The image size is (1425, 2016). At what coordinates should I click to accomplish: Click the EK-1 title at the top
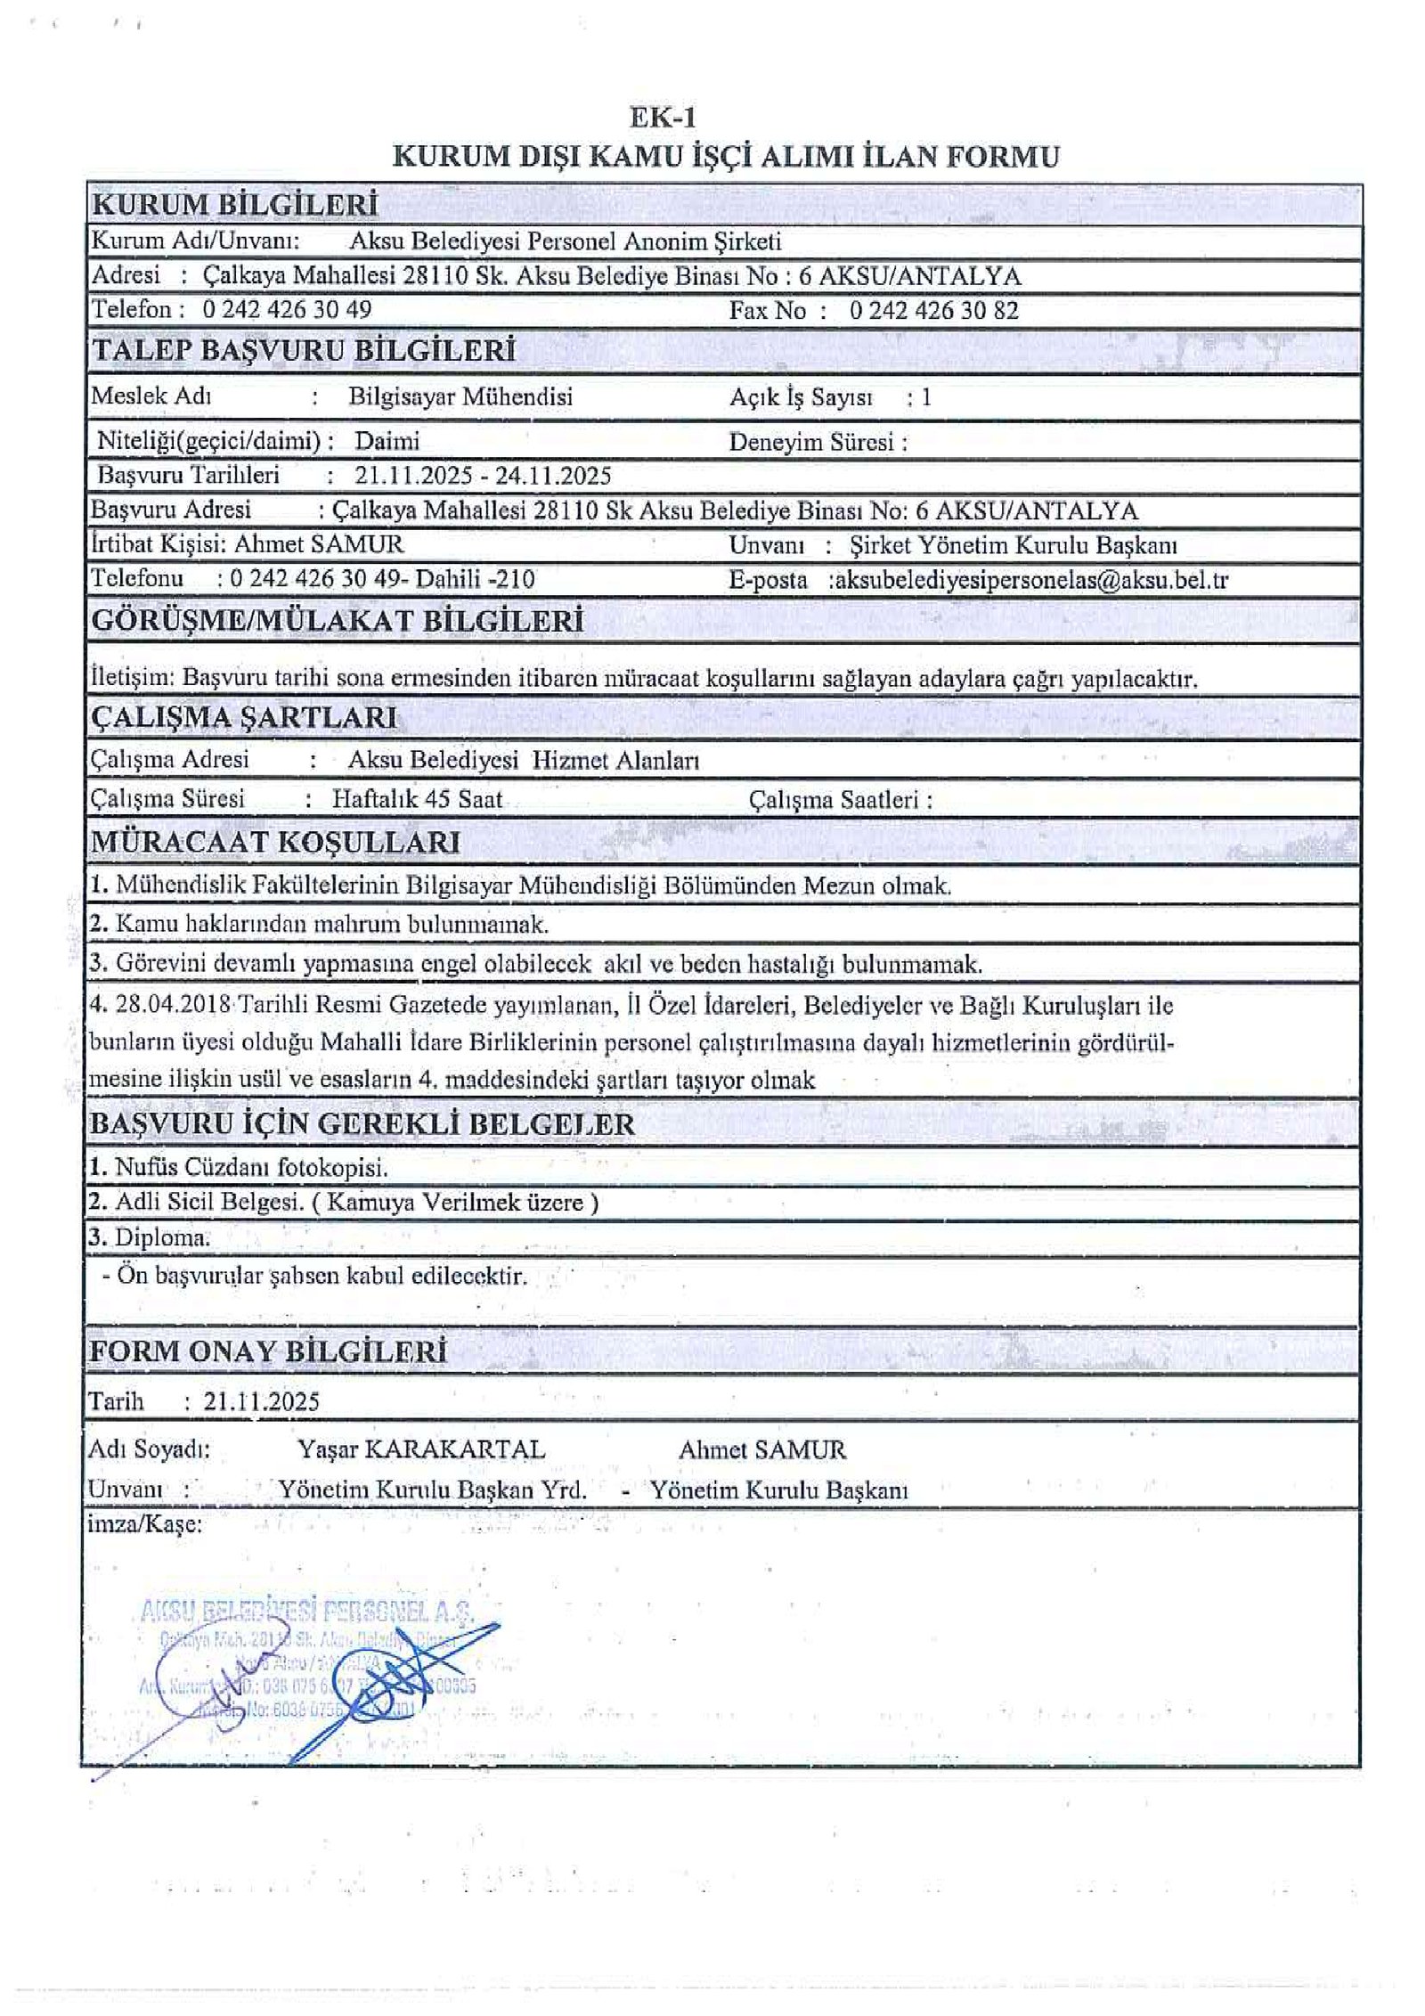(662, 118)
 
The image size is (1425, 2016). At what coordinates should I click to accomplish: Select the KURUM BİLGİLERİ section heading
(234, 205)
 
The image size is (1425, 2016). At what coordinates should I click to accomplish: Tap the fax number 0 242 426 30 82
(933, 310)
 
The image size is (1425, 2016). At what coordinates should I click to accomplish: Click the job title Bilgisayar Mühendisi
(460, 396)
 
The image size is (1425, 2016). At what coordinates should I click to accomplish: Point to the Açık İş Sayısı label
(801, 397)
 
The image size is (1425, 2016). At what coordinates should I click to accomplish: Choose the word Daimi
(387, 441)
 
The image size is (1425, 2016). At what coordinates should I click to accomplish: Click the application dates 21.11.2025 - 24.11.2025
(482, 475)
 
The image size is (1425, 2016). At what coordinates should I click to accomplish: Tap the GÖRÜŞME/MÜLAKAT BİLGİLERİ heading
(338, 621)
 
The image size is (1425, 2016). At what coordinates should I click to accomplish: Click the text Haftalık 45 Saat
(417, 798)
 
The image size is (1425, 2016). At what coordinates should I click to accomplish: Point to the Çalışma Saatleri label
(840, 800)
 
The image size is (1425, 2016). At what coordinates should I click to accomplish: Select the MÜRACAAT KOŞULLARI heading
(275, 842)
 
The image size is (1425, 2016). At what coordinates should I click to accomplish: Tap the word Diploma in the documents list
(161, 1237)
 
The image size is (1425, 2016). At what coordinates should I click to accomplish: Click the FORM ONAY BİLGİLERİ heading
(266, 1351)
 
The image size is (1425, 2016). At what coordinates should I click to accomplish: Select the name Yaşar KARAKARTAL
(421, 1449)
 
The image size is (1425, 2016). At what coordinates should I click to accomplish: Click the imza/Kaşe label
(144, 1524)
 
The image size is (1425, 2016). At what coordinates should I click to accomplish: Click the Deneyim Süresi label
(817, 442)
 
